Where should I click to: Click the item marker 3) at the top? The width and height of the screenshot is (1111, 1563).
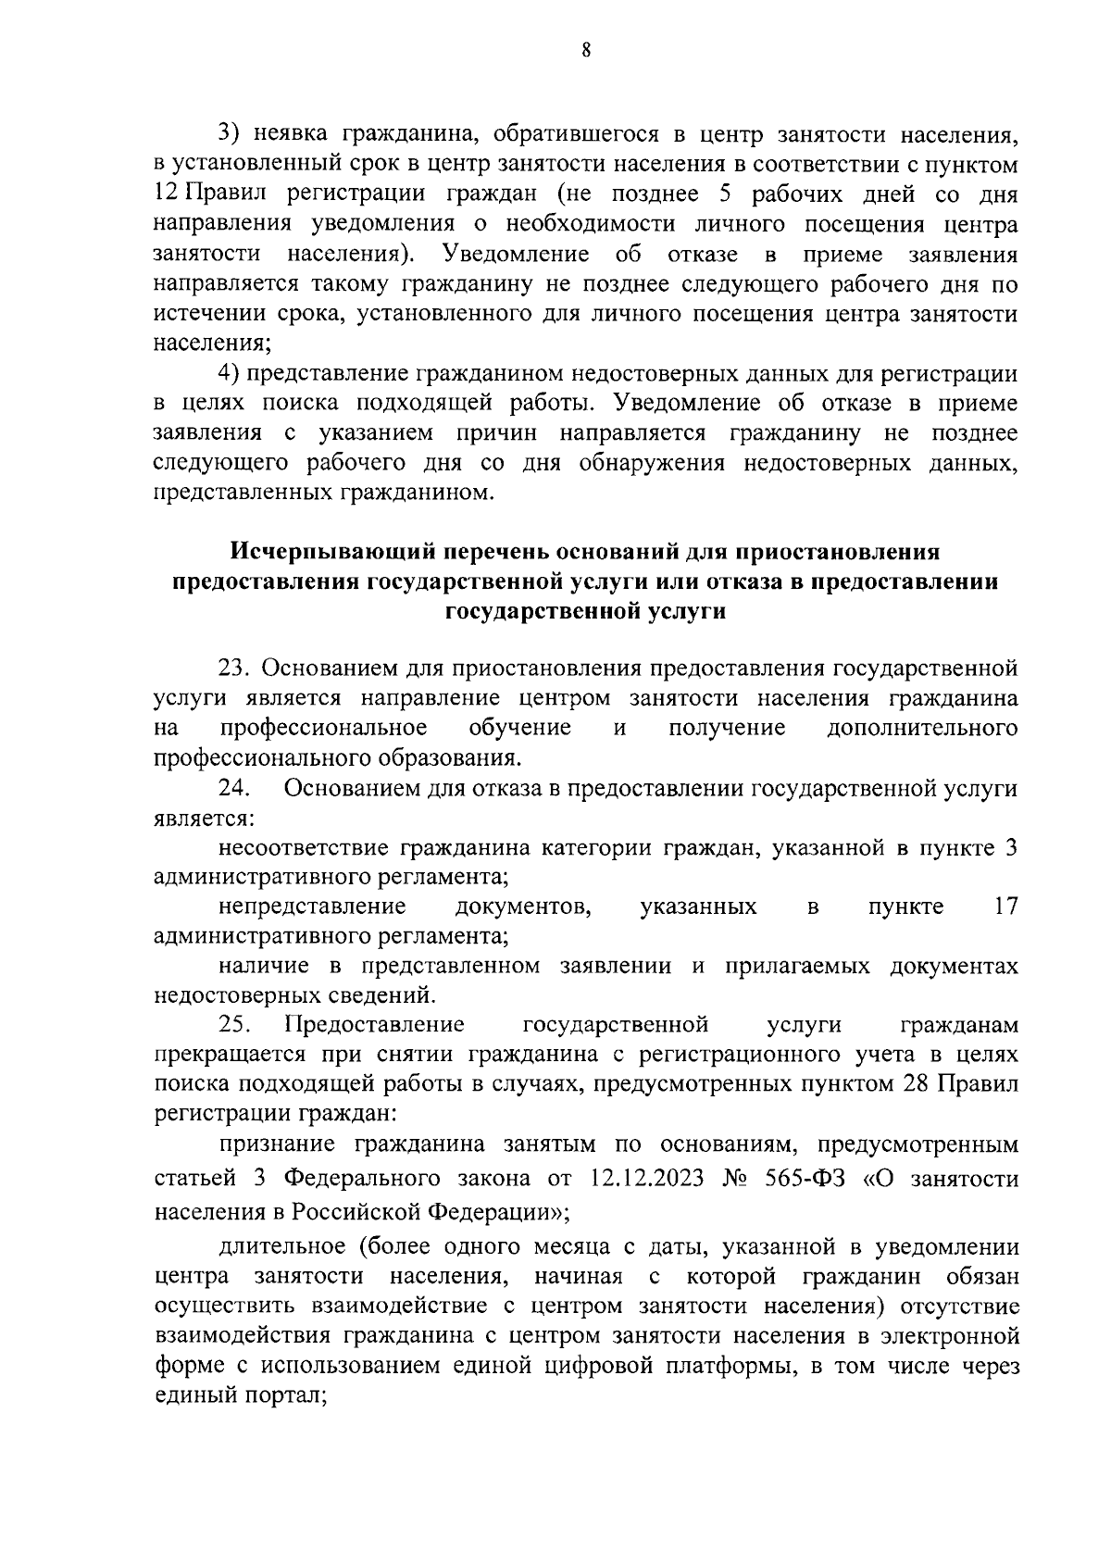(229, 135)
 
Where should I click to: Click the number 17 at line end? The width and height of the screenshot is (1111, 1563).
(1005, 907)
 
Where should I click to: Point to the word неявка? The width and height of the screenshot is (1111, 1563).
(293, 135)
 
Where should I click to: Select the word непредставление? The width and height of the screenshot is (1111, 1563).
(313, 907)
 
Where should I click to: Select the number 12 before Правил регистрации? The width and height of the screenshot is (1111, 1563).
(165, 195)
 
